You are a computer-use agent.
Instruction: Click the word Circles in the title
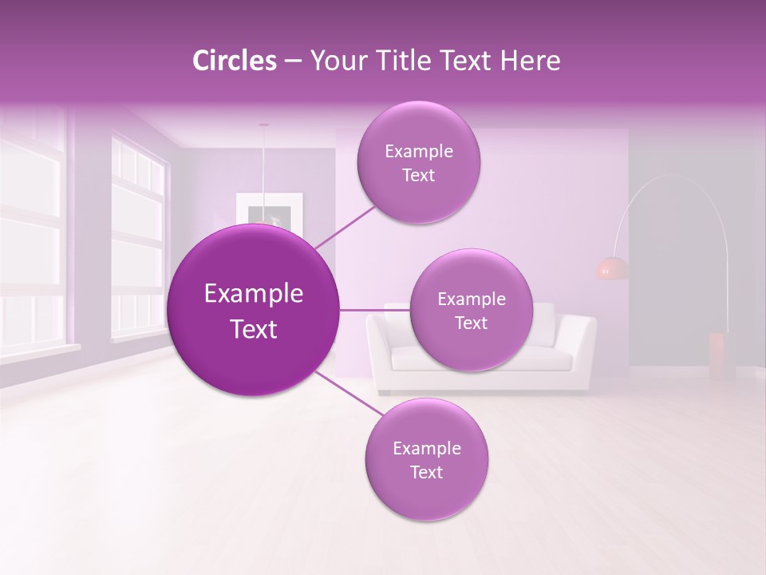point(235,61)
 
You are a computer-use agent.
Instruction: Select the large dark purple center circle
point(254,310)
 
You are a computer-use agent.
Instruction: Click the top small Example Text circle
point(418,163)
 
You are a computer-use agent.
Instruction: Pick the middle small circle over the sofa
point(471,310)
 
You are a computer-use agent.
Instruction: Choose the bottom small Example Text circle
point(426,459)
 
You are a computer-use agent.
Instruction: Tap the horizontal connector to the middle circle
point(375,310)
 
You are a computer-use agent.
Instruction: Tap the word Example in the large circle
point(254,294)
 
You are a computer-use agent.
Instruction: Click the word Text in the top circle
point(418,176)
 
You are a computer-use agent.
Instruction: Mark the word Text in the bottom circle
point(426,473)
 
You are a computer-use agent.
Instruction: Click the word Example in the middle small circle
point(471,299)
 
